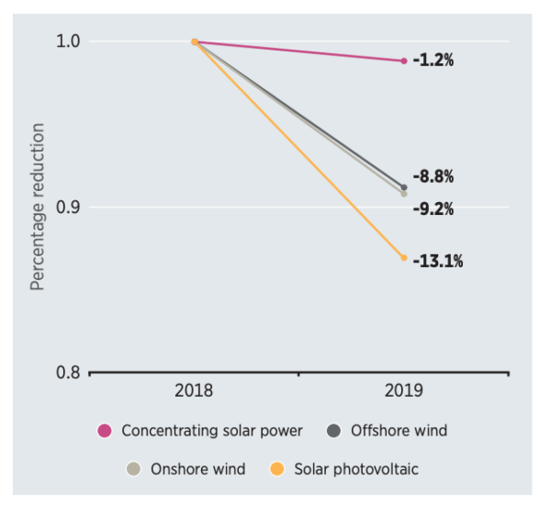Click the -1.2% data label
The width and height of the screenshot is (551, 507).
(x=433, y=61)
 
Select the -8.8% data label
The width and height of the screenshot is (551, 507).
(x=433, y=176)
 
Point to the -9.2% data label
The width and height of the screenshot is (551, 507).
(x=433, y=208)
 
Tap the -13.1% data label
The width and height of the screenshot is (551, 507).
(x=437, y=262)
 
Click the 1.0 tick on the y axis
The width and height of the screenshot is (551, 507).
(x=69, y=41)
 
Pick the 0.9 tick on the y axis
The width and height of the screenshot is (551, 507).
(x=69, y=207)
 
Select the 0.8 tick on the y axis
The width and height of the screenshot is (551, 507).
(x=69, y=373)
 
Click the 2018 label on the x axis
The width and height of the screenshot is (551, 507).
(x=194, y=390)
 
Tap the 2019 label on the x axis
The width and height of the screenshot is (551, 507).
(x=404, y=390)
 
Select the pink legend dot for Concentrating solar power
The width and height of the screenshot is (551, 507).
(x=105, y=430)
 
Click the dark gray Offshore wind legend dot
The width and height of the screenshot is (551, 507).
(x=334, y=430)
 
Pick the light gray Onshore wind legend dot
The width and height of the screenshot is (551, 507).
(x=134, y=469)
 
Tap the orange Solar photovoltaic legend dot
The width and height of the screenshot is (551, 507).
(x=276, y=469)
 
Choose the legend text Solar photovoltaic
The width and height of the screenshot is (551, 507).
(x=356, y=469)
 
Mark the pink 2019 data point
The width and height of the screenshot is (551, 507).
(x=404, y=61)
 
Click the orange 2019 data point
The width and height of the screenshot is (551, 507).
(x=404, y=258)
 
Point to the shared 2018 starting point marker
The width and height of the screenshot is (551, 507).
(x=195, y=41)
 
